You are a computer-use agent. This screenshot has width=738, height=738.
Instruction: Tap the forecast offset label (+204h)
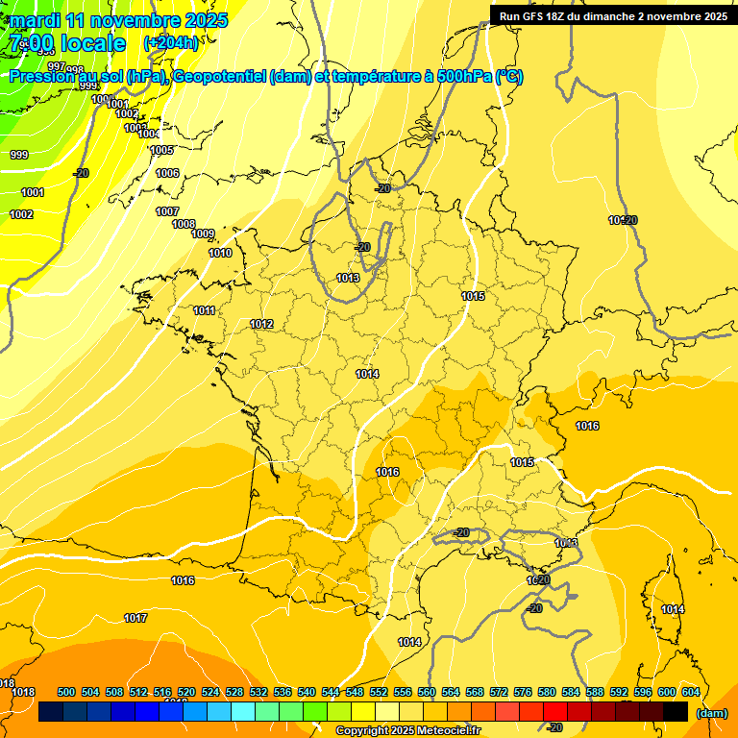pyautogui.click(x=170, y=42)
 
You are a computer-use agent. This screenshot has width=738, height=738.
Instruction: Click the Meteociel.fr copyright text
pyautogui.click(x=407, y=731)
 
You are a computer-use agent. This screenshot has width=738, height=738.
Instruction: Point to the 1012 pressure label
pyautogui.click(x=261, y=324)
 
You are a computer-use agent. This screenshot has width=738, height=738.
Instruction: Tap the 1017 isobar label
pyautogui.click(x=135, y=618)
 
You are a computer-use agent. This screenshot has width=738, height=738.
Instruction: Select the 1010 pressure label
pyautogui.click(x=220, y=253)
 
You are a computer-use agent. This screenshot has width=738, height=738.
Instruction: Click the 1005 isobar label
pyautogui.click(x=161, y=150)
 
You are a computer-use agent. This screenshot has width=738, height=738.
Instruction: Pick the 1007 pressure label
pyautogui.click(x=167, y=211)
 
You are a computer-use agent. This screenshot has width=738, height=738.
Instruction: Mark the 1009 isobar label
pyautogui.click(x=203, y=234)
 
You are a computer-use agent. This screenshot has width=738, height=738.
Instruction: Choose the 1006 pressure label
pyautogui.click(x=167, y=173)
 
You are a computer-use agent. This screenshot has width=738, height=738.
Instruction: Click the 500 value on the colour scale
pyautogui.click(x=66, y=692)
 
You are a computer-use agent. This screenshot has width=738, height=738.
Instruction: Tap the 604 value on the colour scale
pyautogui.click(x=691, y=692)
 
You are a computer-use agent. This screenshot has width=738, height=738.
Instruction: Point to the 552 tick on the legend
pyautogui.click(x=379, y=692)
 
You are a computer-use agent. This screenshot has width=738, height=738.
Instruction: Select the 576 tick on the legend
pyautogui.click(x=523, y=692)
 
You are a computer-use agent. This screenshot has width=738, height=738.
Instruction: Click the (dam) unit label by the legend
pyautogui.click(x=710, y=713)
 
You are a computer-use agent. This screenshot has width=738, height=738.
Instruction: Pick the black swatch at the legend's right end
pyautogui.click(x=676, y=712)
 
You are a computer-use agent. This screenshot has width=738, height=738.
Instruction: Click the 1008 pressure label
pyautogui.click(x=184, y=224)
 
